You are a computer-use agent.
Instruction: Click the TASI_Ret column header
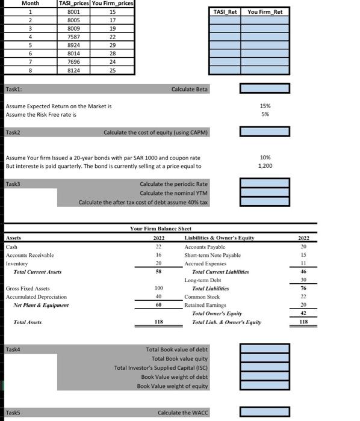click(x=225, y=11)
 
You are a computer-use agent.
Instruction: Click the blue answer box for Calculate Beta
click(x=264, y=89)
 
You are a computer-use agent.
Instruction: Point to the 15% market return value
click(x=264, y=106)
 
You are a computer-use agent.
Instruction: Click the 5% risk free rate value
click(x=264, y=114)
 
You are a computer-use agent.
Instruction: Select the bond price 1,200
click(x=264, y=165)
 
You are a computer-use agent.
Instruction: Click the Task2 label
click(x=13, y=131)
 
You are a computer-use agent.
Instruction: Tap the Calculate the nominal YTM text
click(x=173, y=193)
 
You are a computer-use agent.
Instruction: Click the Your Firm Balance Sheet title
click(x=160, y=229)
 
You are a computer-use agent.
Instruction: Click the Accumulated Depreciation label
click(x=36, y=297)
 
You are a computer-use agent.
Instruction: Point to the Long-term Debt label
click(x=202, y=280)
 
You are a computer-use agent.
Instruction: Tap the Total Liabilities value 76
click(x=303, y=289)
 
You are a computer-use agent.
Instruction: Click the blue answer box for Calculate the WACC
click(x=264, y=413)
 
